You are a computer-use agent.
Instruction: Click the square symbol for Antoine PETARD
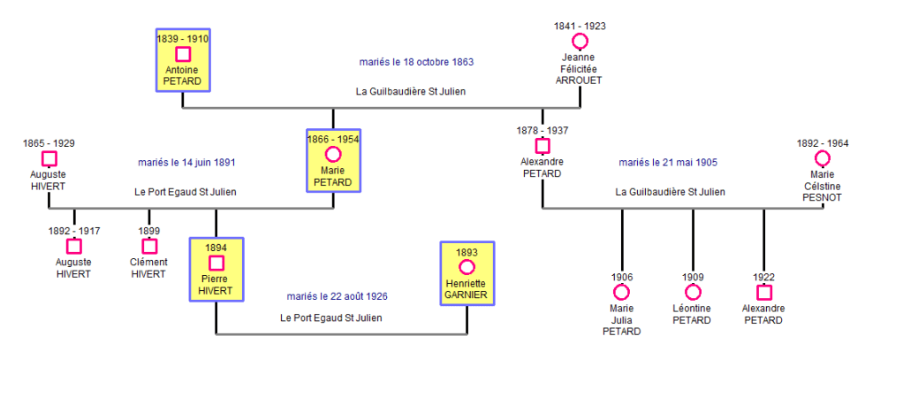coord(183,54)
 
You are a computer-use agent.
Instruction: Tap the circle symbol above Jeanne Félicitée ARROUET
coord(580,42)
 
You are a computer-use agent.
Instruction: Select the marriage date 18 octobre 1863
coord(416,62)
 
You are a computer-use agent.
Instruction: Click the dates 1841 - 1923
coord(580,27)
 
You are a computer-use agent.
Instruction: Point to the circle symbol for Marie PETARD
coord(333,155)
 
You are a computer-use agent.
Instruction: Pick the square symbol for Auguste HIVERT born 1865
coord(49,158)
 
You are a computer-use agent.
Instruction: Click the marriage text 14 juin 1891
coord(186,163)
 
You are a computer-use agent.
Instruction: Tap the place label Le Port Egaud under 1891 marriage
coord(186,192)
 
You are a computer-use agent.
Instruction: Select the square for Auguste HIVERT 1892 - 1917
coord(74,246)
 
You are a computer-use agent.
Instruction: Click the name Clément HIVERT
coord(148,268)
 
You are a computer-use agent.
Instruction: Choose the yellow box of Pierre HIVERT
coord(216,269)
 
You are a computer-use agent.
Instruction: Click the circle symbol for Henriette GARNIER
coord(467,267)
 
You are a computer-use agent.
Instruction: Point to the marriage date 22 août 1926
coord(337,296)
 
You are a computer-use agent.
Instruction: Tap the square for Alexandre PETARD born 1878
coord(542,145)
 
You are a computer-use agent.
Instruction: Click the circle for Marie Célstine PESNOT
coord(822,158)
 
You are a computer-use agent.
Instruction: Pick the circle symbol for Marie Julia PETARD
coord(622,292)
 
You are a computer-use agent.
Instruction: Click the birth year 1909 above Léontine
coord(693,277)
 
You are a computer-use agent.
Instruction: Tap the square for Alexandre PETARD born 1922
coord(764,292)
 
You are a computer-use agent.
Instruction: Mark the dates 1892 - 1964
coord(822,143)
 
